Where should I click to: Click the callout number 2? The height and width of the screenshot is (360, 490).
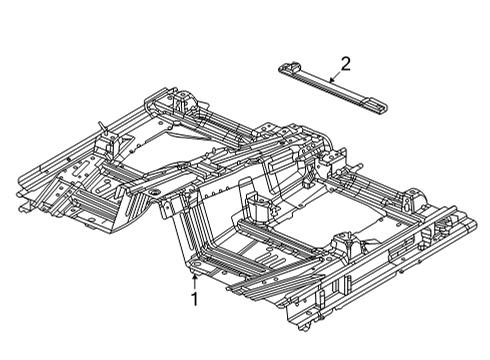click(x=346, y=63)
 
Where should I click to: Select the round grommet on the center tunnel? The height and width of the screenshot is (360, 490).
click(x=157, y=189)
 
